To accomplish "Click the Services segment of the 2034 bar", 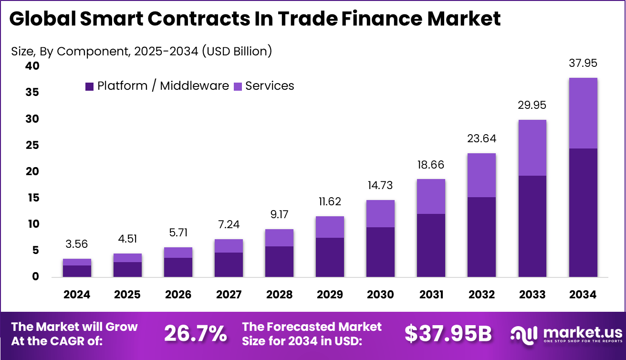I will [x=583, y=113].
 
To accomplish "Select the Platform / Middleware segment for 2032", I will [x=481, y=237].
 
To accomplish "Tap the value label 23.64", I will [x=481, y=139].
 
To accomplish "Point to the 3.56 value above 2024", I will [x=77, y=244].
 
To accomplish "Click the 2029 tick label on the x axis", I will [x=330, y=295].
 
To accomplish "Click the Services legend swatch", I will [x=238, y=86].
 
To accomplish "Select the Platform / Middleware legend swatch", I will [x=89, y=86].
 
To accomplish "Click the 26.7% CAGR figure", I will [x=196, y=334].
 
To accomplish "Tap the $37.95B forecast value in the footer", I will [x=448, y=334].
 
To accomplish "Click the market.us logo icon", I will [x=524, y=333].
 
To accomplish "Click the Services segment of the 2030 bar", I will [x=380, y=213].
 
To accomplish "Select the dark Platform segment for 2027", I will [x=229, y=265].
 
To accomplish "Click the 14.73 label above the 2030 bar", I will [x=380, y=186].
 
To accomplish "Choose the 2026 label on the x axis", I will [x=178, y=295].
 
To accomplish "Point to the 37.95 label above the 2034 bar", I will [x=583, y=64].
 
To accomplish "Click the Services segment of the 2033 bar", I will [x=532, y=148].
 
